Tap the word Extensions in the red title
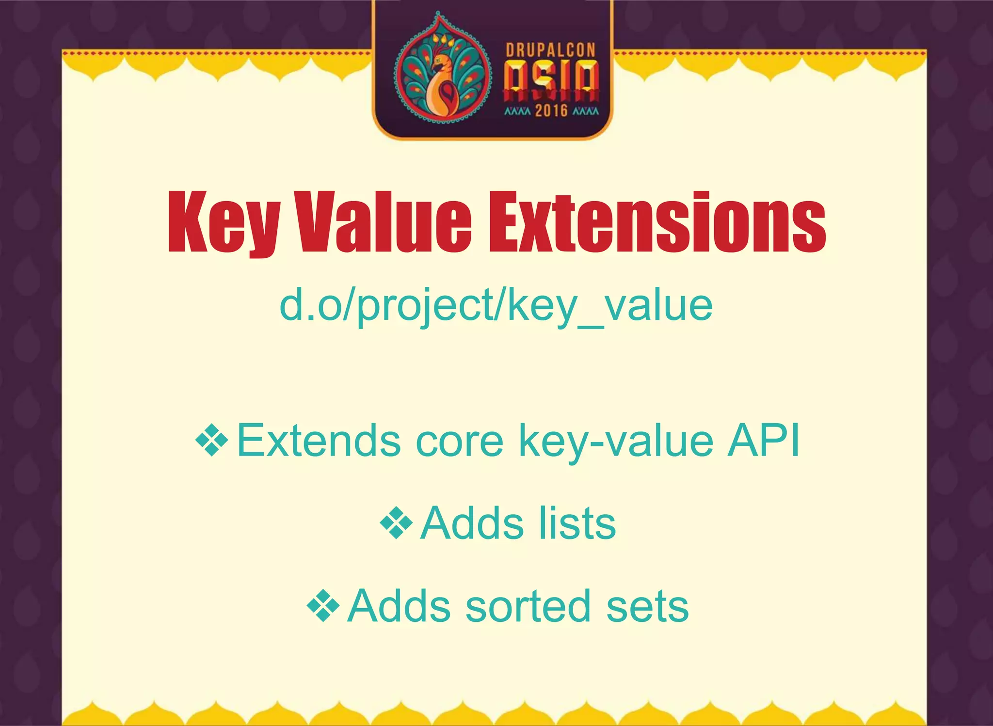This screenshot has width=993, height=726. [657, 222]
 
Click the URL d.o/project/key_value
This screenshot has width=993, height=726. [496, 306]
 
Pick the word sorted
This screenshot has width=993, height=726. [528, 606]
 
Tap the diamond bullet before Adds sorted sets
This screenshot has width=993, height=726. [323, 606]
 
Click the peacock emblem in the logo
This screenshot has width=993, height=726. [441, 70]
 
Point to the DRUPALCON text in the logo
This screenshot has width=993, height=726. [551, 50]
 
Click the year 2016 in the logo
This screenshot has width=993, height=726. [551, 111]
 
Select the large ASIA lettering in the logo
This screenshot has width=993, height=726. [551, 80]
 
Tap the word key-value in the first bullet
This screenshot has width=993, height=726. [616, 441]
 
